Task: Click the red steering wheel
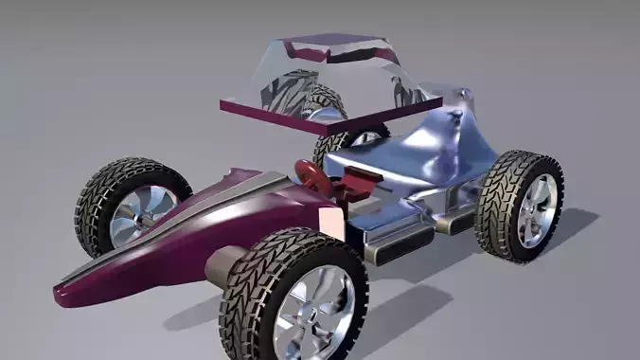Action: [x=308, y=173]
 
